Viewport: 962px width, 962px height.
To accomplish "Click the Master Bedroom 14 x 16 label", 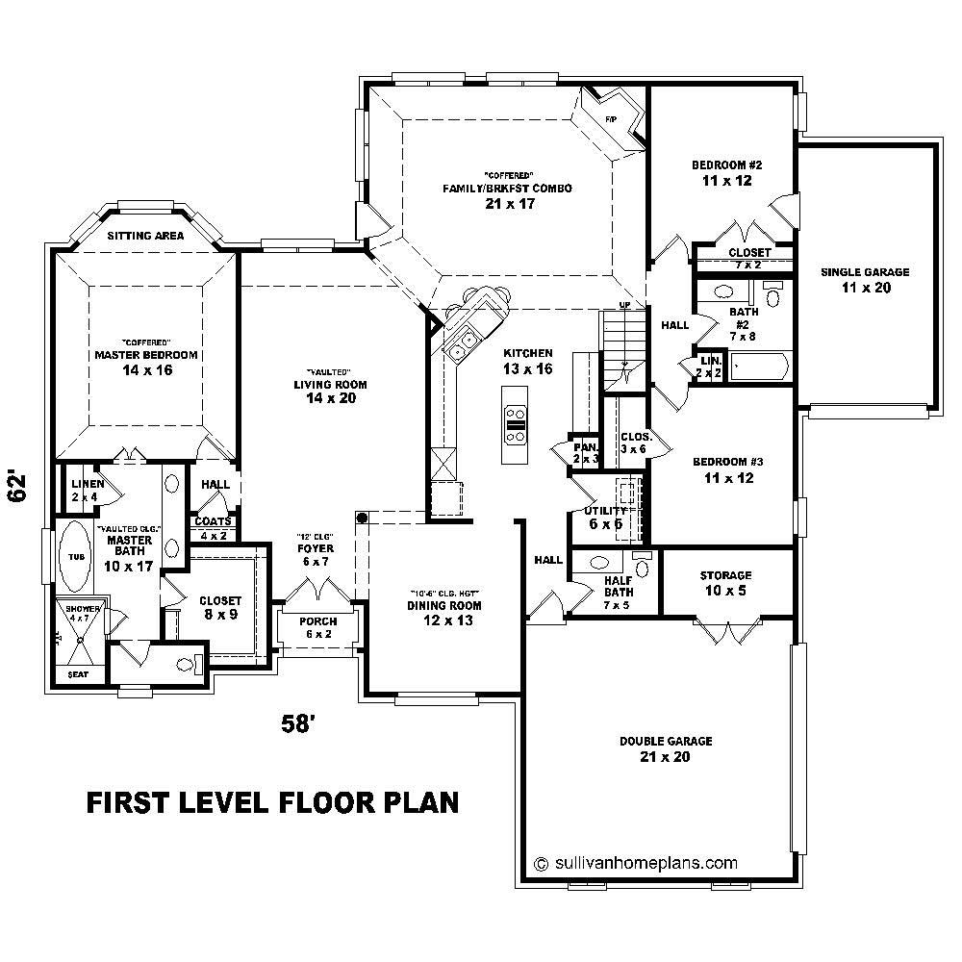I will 146,362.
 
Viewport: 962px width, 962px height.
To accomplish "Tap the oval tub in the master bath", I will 75,557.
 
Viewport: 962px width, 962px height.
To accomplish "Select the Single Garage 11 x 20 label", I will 864,280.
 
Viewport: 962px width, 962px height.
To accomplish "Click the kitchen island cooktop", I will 516,417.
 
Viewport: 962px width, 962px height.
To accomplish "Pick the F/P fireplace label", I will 610,119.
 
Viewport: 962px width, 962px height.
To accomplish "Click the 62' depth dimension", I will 18,487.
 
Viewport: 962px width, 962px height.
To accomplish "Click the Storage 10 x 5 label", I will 724,583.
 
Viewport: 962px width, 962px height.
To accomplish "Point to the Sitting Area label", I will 145,235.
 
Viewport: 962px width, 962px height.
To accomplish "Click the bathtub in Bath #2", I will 759,366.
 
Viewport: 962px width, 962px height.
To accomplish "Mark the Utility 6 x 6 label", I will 606,517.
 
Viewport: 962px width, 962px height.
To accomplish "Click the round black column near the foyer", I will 363,519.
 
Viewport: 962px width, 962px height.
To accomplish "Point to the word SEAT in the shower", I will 77,675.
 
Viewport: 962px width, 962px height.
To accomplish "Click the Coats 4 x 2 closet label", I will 213,528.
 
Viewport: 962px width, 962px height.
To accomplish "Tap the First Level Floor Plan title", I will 272,802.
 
